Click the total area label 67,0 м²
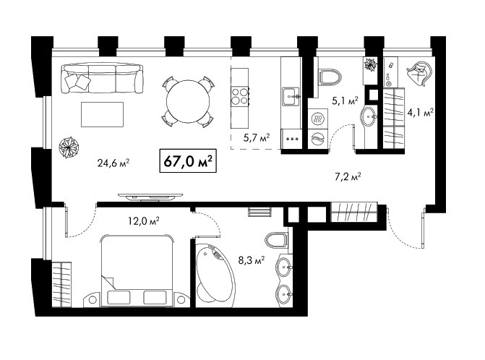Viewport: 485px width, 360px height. [188, 160]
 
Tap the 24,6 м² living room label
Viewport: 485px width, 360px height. [113, 163]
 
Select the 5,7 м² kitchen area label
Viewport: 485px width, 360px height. [257, 137]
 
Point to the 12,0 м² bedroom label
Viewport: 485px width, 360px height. [144, 220]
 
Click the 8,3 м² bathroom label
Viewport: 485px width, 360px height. [251, 260]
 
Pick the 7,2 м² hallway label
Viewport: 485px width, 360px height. [348, 177]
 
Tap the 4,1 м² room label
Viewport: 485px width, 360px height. [421, 113]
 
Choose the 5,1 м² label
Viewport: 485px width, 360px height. [345, 100]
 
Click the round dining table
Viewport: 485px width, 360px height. [188, 101]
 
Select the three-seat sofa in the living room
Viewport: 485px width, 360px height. [103, 78]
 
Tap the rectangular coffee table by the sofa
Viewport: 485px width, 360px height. [102, 114]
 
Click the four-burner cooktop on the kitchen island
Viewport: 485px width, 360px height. [241, 96]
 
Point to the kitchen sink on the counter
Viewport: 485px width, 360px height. [291, 97]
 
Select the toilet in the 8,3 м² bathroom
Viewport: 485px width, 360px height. [276, 240]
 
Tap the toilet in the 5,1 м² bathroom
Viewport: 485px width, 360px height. [330, 77]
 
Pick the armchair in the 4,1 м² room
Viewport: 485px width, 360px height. [419, 74]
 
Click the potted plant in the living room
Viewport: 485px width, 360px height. [69, 147]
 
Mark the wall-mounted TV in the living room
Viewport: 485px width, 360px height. [150, 197]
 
